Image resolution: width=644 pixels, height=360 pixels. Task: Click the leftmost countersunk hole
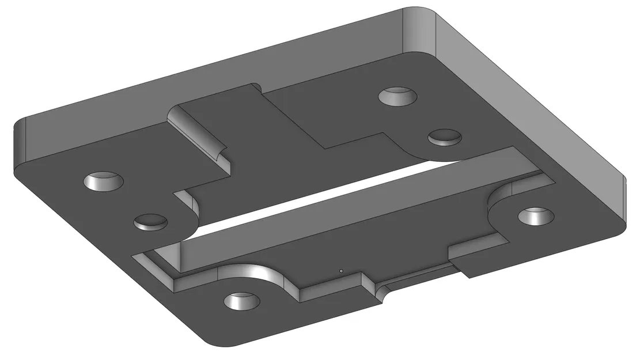pyautogui.click(x=104, y=181)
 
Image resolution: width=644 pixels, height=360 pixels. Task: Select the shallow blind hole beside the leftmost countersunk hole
pyautogui.click(x=151, y=221)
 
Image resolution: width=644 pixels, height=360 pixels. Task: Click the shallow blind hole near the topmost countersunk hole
pyautogui.click(x=445, y=137)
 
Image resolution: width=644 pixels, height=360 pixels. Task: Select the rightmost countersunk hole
pyautogui.click(x=536, y=216)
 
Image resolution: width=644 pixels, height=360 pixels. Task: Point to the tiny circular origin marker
pyautogui.click(x=341, y=270)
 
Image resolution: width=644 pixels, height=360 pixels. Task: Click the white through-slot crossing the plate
pyautogui.click(x=323, y=196)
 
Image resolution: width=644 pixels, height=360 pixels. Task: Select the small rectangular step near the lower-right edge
pyautogui.click(x=478, y=259)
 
